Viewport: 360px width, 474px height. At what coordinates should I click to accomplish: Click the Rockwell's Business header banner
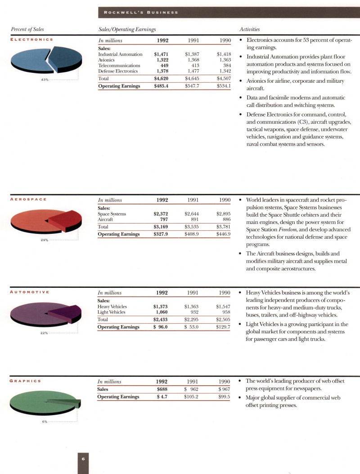(x=139, y=13)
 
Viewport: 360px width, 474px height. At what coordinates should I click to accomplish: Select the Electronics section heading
(x=31, y=40)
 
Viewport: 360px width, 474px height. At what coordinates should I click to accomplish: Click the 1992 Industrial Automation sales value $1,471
(x=161, y=54)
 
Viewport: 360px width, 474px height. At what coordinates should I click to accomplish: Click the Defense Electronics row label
(x=118, y=71)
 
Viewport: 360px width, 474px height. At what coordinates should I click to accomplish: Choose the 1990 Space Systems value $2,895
(x=223, y=214)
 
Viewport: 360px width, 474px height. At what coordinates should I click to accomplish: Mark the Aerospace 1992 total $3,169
(x=161, y=227)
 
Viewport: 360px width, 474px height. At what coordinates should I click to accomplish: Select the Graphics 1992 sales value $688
(x=162, y=389)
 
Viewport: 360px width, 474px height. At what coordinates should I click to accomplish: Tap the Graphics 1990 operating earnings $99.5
(x=224, y=397)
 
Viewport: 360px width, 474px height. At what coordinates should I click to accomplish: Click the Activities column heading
(x=250, y=29)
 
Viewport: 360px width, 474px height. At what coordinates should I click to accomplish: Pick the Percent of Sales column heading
(x=27, y=29)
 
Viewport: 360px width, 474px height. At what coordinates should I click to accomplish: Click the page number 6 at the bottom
(x=83, y=458)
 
